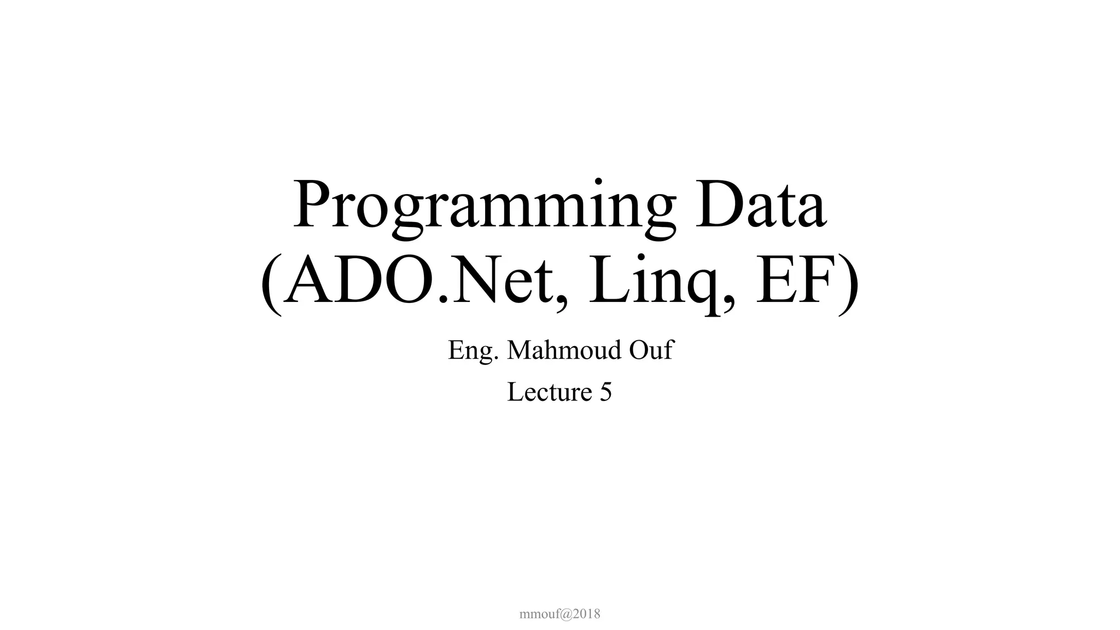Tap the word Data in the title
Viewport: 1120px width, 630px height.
point(761,205)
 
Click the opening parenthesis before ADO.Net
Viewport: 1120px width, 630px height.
point(272,285)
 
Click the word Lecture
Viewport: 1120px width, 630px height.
point(550,392)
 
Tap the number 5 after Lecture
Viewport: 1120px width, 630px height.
point(605,393)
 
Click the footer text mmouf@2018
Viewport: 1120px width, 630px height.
point(559,614)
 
